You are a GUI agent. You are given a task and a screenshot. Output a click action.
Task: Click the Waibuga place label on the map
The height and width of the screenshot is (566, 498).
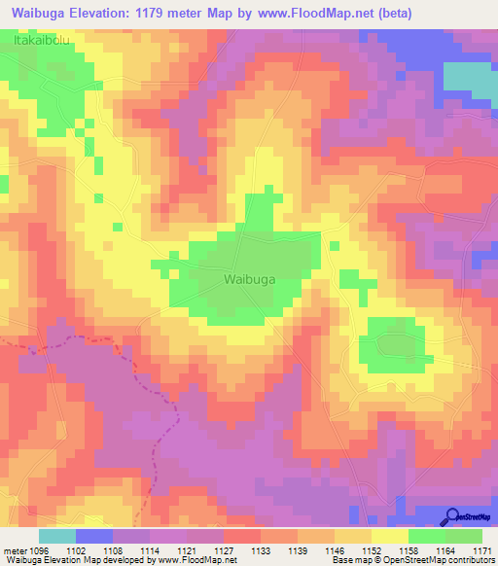pyautogui.click(x=251, y=279)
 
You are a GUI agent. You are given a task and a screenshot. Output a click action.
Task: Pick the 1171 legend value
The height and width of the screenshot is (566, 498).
pyautogui.click(x=481, y=550)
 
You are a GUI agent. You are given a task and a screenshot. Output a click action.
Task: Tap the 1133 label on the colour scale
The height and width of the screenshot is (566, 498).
pyautogui.click(x=261, y=550)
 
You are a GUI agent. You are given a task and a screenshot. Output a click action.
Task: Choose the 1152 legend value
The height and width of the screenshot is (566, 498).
pyautogui.click(x=372, y=550)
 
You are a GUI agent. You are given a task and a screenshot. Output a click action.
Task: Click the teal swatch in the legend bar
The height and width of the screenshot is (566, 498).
pyautogui.click(x=57, y=536)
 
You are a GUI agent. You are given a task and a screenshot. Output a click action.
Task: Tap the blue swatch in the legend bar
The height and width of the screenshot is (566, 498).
pyautogui.click(x=94, y=536)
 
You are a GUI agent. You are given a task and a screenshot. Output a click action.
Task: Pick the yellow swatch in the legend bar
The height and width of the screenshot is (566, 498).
pyautogui.click(x=390, y=536)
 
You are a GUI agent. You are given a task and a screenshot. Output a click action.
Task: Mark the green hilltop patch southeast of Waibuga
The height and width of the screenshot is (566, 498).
pyautogui.click(x=392, y=346)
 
